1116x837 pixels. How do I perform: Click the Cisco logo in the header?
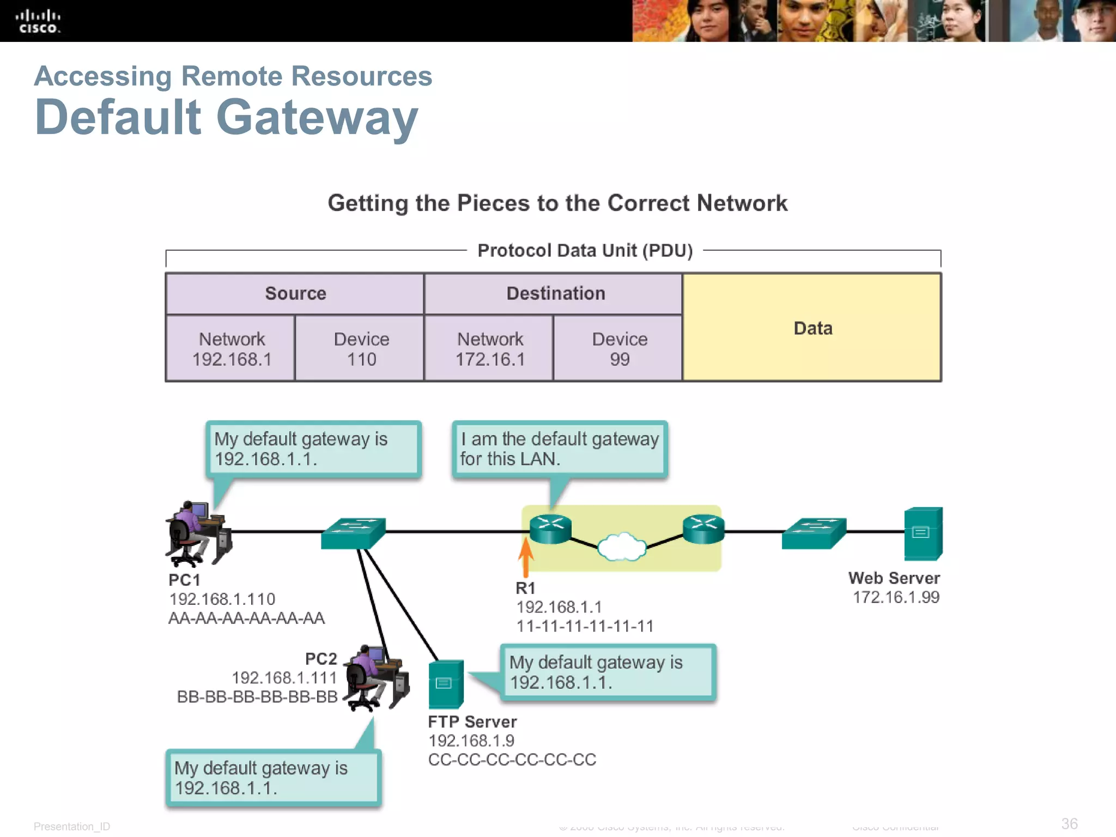click(38, 22)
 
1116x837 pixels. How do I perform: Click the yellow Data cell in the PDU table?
click(812, 327)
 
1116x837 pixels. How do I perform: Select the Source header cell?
click(295, 294)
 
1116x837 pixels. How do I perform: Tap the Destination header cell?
click(555, 294)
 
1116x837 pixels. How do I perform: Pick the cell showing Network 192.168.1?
click(231, 349)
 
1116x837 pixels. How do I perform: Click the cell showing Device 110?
click(361, 349)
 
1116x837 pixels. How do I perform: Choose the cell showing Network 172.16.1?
click(489, 349)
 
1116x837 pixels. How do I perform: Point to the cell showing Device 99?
click(619, 349)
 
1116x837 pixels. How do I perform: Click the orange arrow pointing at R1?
click(526, 556)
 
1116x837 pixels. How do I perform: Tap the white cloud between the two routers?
click(622, 546)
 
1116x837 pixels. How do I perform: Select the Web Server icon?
click(923, 533)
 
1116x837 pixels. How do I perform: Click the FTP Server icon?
click(446, 684)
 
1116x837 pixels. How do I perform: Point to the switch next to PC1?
click(353, 532)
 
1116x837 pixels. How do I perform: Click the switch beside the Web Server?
click(814, 532)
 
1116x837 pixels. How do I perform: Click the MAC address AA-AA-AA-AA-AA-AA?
click(246, 618)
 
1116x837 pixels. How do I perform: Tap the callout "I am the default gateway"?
click(560, 449)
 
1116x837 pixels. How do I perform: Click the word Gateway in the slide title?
click(317, 117)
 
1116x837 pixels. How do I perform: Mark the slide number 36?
click(1069, 823)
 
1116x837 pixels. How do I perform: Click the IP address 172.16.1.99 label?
click(896, 597)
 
